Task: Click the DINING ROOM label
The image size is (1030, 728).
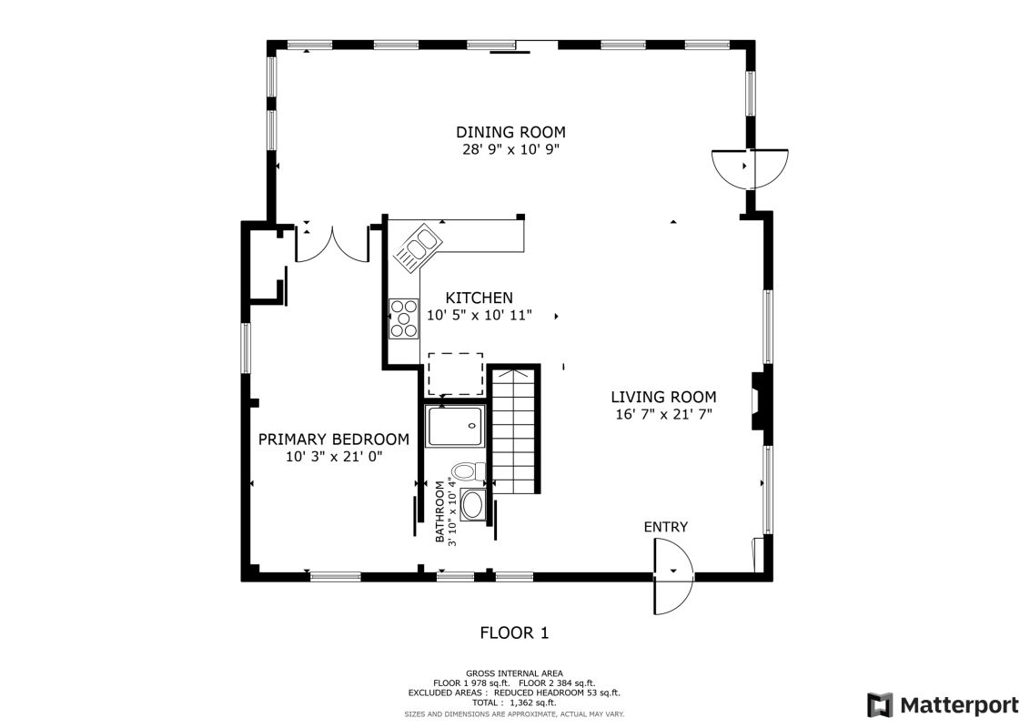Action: coord(510,132)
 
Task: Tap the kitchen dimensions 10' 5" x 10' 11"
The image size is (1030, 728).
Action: coord(479,316)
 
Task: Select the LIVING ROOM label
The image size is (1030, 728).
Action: coord(663,397)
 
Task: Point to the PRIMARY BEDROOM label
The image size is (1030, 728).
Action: coord(334,439)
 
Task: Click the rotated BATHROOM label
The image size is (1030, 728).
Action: coord(439,511)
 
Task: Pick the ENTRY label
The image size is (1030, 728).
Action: coord(665,527)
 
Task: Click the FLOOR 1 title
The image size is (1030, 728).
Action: coord(514,632)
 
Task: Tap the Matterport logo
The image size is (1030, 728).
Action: coord(943,705)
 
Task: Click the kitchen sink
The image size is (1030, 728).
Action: coord(417,248)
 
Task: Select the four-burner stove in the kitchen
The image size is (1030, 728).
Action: coord(404,318)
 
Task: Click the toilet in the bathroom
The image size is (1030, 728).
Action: coord(468,470)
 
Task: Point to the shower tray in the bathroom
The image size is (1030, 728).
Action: coord(455,427)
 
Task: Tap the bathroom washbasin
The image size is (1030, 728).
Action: coord(473,505)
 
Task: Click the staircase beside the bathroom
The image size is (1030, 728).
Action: coord(516,430)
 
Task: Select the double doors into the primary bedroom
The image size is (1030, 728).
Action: coord(332,245)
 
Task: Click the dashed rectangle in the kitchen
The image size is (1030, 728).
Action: coord(456,374)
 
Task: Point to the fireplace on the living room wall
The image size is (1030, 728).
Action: coord(759,400)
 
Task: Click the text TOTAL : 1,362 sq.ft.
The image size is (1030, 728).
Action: coord(514,703)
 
